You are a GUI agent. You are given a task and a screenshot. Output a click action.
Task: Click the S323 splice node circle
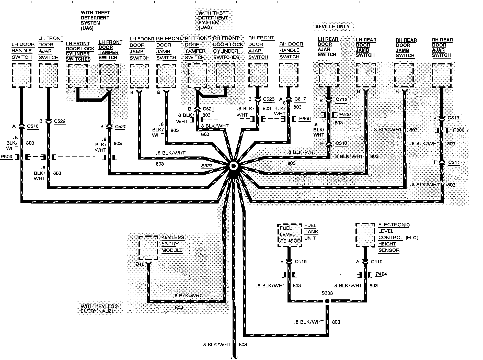pos(233,166)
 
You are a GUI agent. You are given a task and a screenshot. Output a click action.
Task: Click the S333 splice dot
pos(327,301)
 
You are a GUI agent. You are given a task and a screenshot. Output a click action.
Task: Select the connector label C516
pos(33,126)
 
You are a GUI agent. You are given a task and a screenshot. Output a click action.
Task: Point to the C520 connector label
pos(121,127)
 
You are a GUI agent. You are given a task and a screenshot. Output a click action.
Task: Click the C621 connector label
pos(208,109)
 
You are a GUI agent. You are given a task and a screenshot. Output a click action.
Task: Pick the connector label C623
pos(268,99)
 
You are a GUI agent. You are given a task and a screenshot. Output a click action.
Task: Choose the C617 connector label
pos(300,99)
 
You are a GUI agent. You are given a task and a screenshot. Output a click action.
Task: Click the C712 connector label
pos(341,99)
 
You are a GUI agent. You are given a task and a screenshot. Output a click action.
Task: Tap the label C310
pos(341,143)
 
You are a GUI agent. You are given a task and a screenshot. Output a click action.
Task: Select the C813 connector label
pos(453,118)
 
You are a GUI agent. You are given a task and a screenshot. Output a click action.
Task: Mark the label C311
pos(454,162)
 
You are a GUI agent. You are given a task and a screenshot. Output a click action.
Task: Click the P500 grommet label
pos(6,157)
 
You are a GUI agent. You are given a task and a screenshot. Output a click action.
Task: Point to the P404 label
pos(381,274)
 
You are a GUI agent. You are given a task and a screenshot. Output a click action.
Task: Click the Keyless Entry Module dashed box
pos(148,247)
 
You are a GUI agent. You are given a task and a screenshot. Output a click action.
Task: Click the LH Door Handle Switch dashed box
pos(22,75)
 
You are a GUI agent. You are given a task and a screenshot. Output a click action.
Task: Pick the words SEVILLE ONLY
pos(332,27)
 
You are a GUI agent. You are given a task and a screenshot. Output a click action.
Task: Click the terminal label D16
pos(140,264)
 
